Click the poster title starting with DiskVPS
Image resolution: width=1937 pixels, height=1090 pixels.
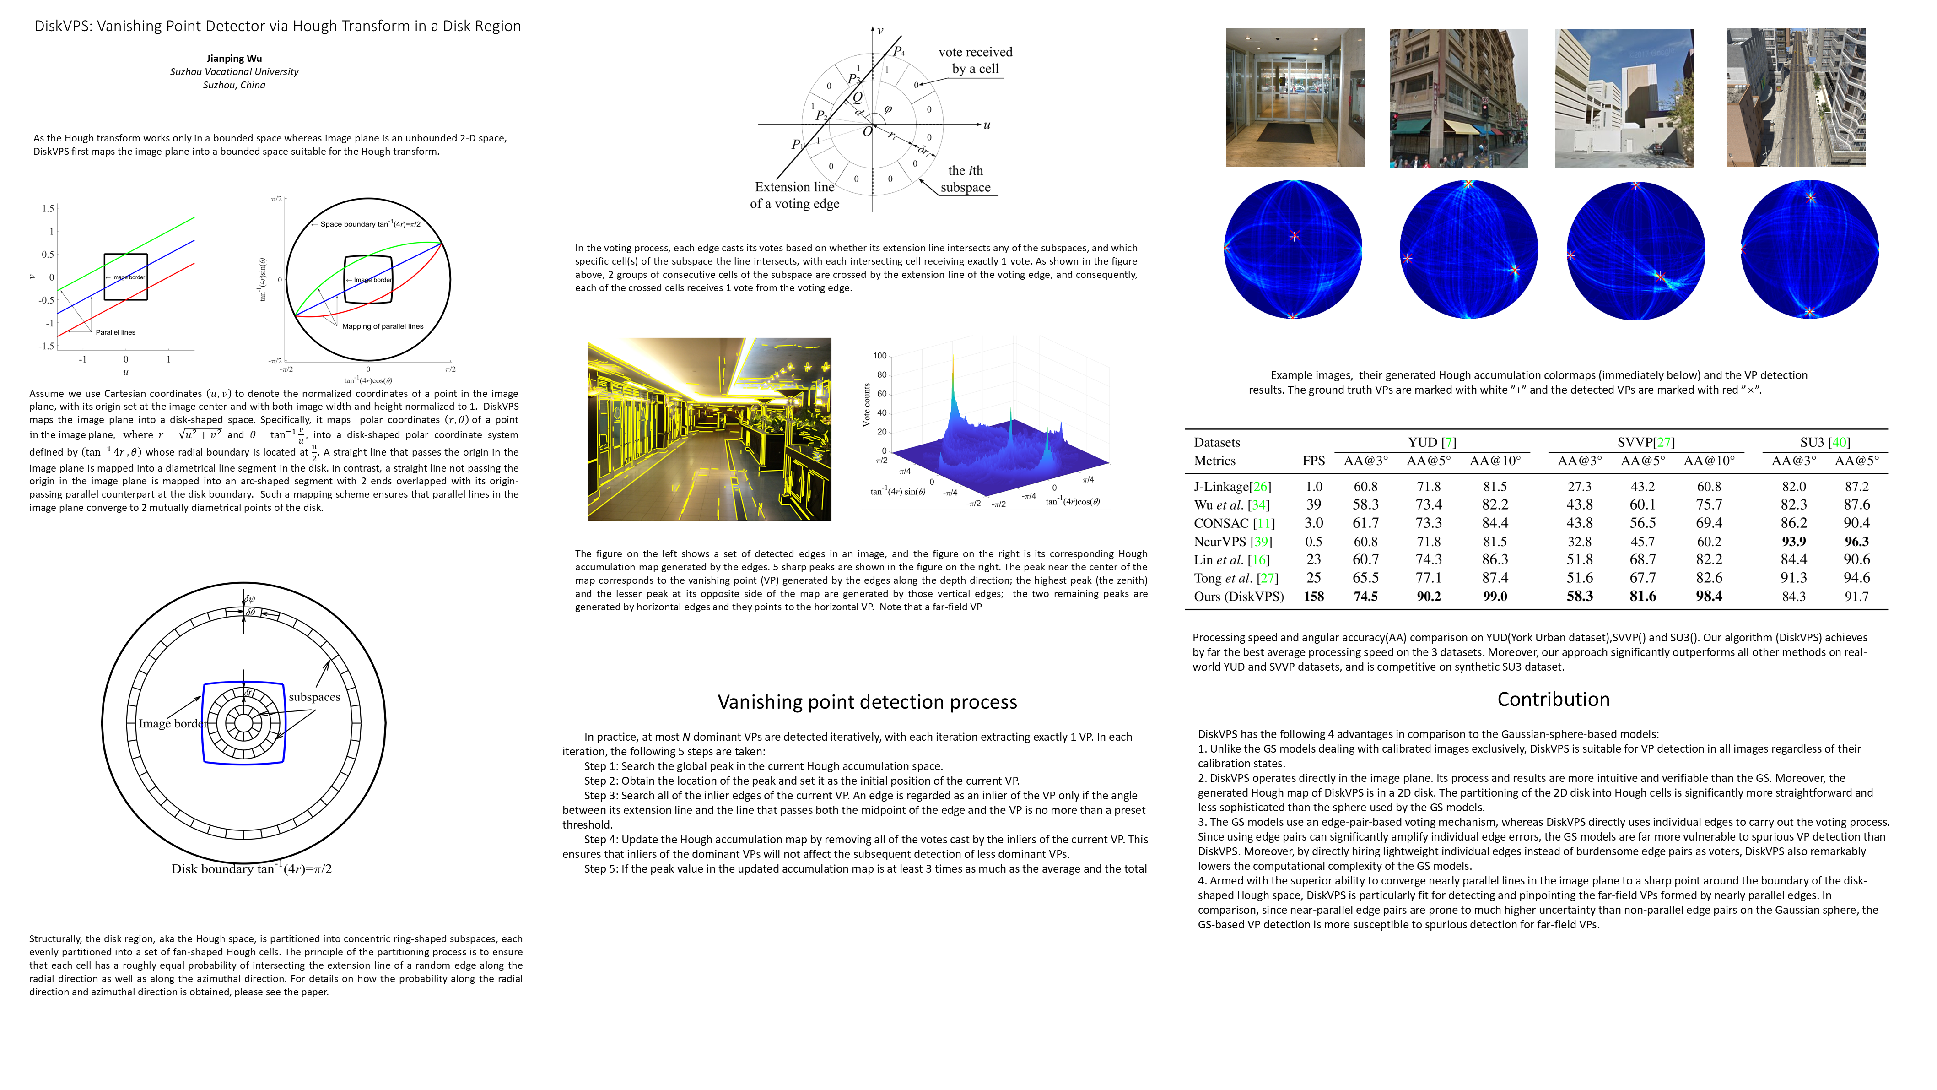click(x=277, y=26)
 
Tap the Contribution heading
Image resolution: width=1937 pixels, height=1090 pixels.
click(x=1553, y=699)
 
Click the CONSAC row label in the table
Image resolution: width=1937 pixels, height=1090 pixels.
click(x=1233, y=523)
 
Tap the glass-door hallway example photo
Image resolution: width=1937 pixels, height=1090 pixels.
click(x=1294, y=98)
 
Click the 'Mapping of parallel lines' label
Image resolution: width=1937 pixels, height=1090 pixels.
click(x=382, y=326)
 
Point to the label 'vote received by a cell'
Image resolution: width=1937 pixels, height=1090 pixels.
click(x=975, y=60)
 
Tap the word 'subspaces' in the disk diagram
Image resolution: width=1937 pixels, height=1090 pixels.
click(x=314, y=697)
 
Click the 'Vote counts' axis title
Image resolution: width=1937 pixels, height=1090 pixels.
click(x=866, y=405)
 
